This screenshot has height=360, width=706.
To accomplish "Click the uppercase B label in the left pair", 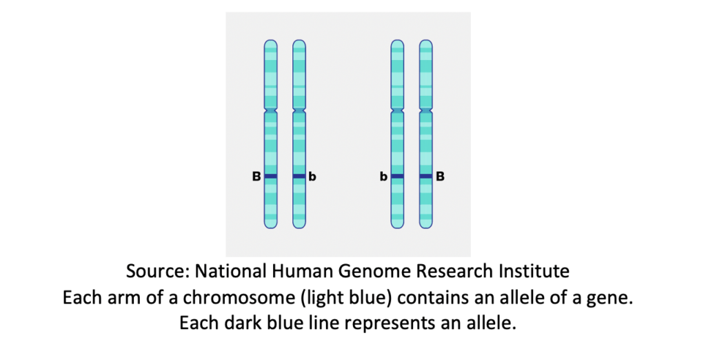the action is click(x=256, y=177).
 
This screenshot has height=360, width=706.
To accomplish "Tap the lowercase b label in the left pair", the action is click(x=312, y=177).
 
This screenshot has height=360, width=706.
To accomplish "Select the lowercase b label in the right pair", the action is click(x=383, y=177).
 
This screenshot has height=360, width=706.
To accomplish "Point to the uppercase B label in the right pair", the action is click(x=441, y=177).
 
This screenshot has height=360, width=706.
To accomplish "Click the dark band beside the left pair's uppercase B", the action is click(x=270, y=176).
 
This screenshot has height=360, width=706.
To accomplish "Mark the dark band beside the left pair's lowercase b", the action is click(x=299, y=176).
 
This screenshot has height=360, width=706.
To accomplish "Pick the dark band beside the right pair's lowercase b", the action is click(x=397, y=176).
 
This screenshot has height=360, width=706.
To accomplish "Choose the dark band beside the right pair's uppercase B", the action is click(x=426, y=176).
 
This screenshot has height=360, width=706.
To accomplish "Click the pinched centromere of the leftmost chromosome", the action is click(x=270, y=110).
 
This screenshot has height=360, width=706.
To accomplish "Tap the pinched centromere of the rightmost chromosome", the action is click(x=426, y=110).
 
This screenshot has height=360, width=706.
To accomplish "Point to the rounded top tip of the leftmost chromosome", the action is click(x=270, y=41).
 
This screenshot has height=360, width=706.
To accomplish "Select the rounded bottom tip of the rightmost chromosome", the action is click(x=426, y=228).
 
